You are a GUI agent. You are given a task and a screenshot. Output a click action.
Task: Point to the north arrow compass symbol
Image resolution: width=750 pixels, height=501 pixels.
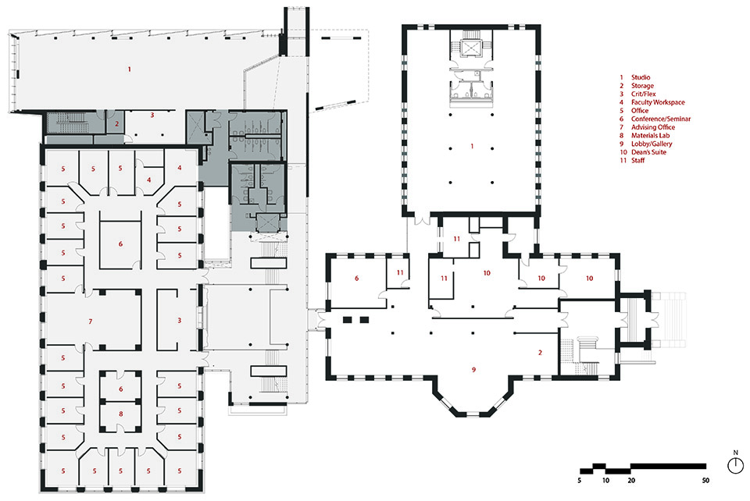735,466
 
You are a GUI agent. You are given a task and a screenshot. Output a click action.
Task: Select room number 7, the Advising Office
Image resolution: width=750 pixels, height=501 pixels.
91,322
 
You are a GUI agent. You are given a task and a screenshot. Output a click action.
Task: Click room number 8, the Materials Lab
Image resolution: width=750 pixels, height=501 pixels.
120,414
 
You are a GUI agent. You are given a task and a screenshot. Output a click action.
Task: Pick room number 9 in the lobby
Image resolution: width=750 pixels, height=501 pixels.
474,368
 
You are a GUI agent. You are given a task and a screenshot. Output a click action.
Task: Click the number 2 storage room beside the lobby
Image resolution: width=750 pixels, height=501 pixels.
540,353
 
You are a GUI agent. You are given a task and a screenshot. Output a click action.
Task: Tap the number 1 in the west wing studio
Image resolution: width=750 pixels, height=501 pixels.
130,70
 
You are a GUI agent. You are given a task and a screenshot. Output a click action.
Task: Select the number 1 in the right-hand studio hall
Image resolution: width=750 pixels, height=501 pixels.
471,147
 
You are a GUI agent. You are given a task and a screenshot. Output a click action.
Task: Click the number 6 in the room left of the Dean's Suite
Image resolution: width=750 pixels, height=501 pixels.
356,277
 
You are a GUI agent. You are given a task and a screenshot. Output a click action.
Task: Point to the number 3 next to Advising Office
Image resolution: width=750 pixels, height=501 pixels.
178,321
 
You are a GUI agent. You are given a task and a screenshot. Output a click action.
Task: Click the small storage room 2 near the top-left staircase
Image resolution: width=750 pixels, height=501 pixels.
115,123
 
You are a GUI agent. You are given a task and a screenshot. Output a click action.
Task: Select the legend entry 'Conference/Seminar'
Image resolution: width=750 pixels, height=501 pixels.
660,119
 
